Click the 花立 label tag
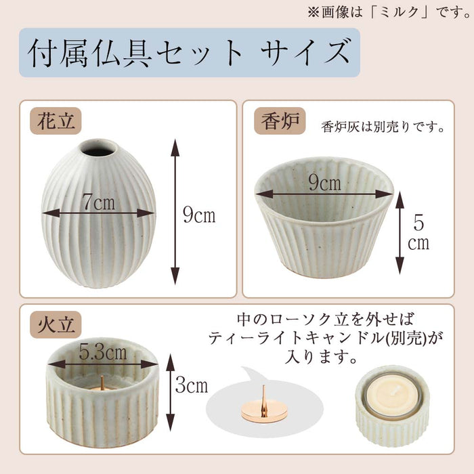(56, 121)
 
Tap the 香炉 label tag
(280, 121)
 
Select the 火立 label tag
(56, 324)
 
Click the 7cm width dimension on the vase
(99, 202)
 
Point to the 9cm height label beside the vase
(199, 215)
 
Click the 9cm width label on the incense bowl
(324, 183)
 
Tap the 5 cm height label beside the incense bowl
(418, 233)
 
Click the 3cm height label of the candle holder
(192, 385)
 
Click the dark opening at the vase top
(98, 148)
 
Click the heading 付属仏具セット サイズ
(189, 53)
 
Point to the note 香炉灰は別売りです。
(383, 127)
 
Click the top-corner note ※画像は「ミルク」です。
(389, 13)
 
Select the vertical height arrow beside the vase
(175, 211)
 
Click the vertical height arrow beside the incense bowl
(400, 233)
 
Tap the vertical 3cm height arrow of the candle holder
(171, 393)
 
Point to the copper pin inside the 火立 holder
(102, 384)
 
